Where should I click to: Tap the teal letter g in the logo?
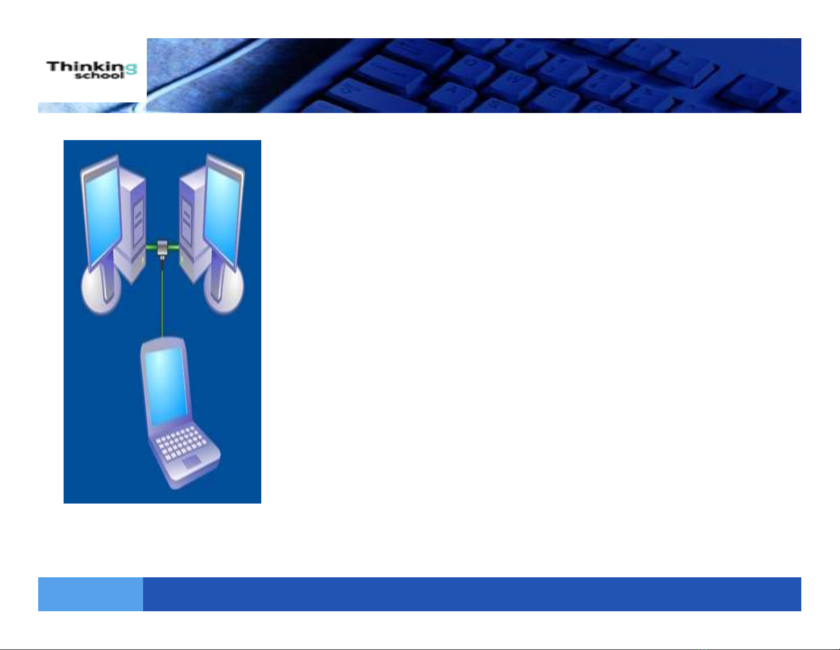tap(131, 70)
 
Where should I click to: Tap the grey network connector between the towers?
tap(162, 249)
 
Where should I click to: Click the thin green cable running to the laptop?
tap(162, 300)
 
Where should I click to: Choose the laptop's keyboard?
tap(181, 444)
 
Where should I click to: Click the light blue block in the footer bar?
tap(91, 594)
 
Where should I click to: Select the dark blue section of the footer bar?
tap(472, 594)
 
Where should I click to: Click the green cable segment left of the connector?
tap(152, 246)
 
